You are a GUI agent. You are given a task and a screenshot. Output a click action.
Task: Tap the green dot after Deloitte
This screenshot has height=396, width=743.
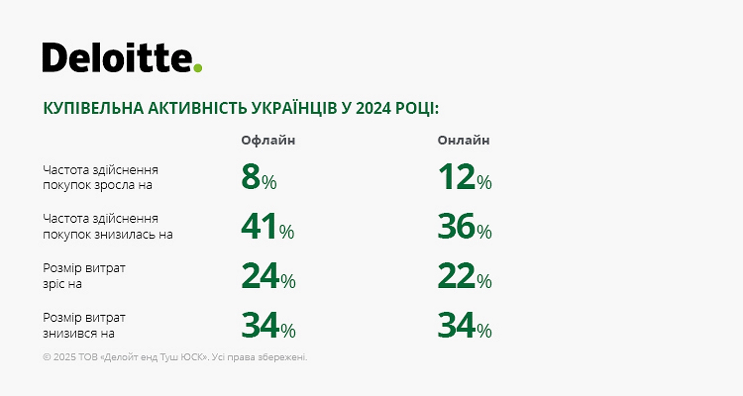198,68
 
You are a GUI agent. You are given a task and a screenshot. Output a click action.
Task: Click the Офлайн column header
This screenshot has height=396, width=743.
268,140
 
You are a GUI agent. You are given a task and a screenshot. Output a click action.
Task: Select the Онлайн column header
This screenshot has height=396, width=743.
463,140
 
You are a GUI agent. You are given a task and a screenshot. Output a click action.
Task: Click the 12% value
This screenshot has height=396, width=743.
464,178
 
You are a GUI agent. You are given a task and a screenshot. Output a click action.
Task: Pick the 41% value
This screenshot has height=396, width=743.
267,227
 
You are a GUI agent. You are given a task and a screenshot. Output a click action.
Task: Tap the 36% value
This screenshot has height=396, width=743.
464,227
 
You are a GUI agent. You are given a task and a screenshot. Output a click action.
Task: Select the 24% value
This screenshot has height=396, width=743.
268,277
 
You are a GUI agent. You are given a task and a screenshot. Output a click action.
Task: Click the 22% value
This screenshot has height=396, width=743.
464,277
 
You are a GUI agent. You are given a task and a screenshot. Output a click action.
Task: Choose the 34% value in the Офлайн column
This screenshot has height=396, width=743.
268,326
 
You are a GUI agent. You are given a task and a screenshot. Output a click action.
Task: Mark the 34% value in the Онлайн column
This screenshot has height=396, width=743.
464,326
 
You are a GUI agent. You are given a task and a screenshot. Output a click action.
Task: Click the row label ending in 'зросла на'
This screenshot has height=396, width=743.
101,178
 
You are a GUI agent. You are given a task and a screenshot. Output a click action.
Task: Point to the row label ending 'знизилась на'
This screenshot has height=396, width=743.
108,227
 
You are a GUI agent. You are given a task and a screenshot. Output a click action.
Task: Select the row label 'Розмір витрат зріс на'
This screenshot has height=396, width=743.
84,276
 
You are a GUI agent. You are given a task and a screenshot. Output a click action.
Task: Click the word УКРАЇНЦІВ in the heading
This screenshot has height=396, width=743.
296,109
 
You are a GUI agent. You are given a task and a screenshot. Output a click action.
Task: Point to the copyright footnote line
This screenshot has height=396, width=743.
175,357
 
